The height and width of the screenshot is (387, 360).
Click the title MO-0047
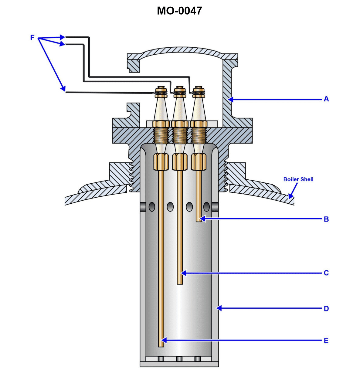tap(179, 11)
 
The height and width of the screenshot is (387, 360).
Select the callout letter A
tap(326, 99)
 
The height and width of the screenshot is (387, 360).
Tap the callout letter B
tap(326, 219)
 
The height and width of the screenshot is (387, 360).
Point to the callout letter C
tap(326, 273)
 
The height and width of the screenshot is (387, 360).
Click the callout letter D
tap(326, 308)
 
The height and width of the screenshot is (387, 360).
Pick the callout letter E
tap(326, 341)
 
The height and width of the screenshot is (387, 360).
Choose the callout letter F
tap(32, 38)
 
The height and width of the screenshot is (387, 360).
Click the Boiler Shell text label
tap(298, 179)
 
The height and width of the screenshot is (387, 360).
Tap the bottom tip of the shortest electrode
tap(199, 221)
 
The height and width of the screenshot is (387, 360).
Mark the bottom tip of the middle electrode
tap(180, 283)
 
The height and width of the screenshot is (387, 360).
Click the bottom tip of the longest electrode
tap(161, 346)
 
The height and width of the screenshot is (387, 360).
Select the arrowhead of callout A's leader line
tap(230, 99)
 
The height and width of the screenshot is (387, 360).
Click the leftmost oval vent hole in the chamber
tap(152, 207)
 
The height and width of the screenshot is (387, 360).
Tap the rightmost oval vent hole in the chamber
tap(207, 207)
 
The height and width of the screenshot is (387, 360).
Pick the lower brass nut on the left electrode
tap(161, 161)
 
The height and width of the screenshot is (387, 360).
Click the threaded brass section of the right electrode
tap(199, 135)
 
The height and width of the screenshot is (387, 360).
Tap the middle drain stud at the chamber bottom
tap(179, 359)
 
